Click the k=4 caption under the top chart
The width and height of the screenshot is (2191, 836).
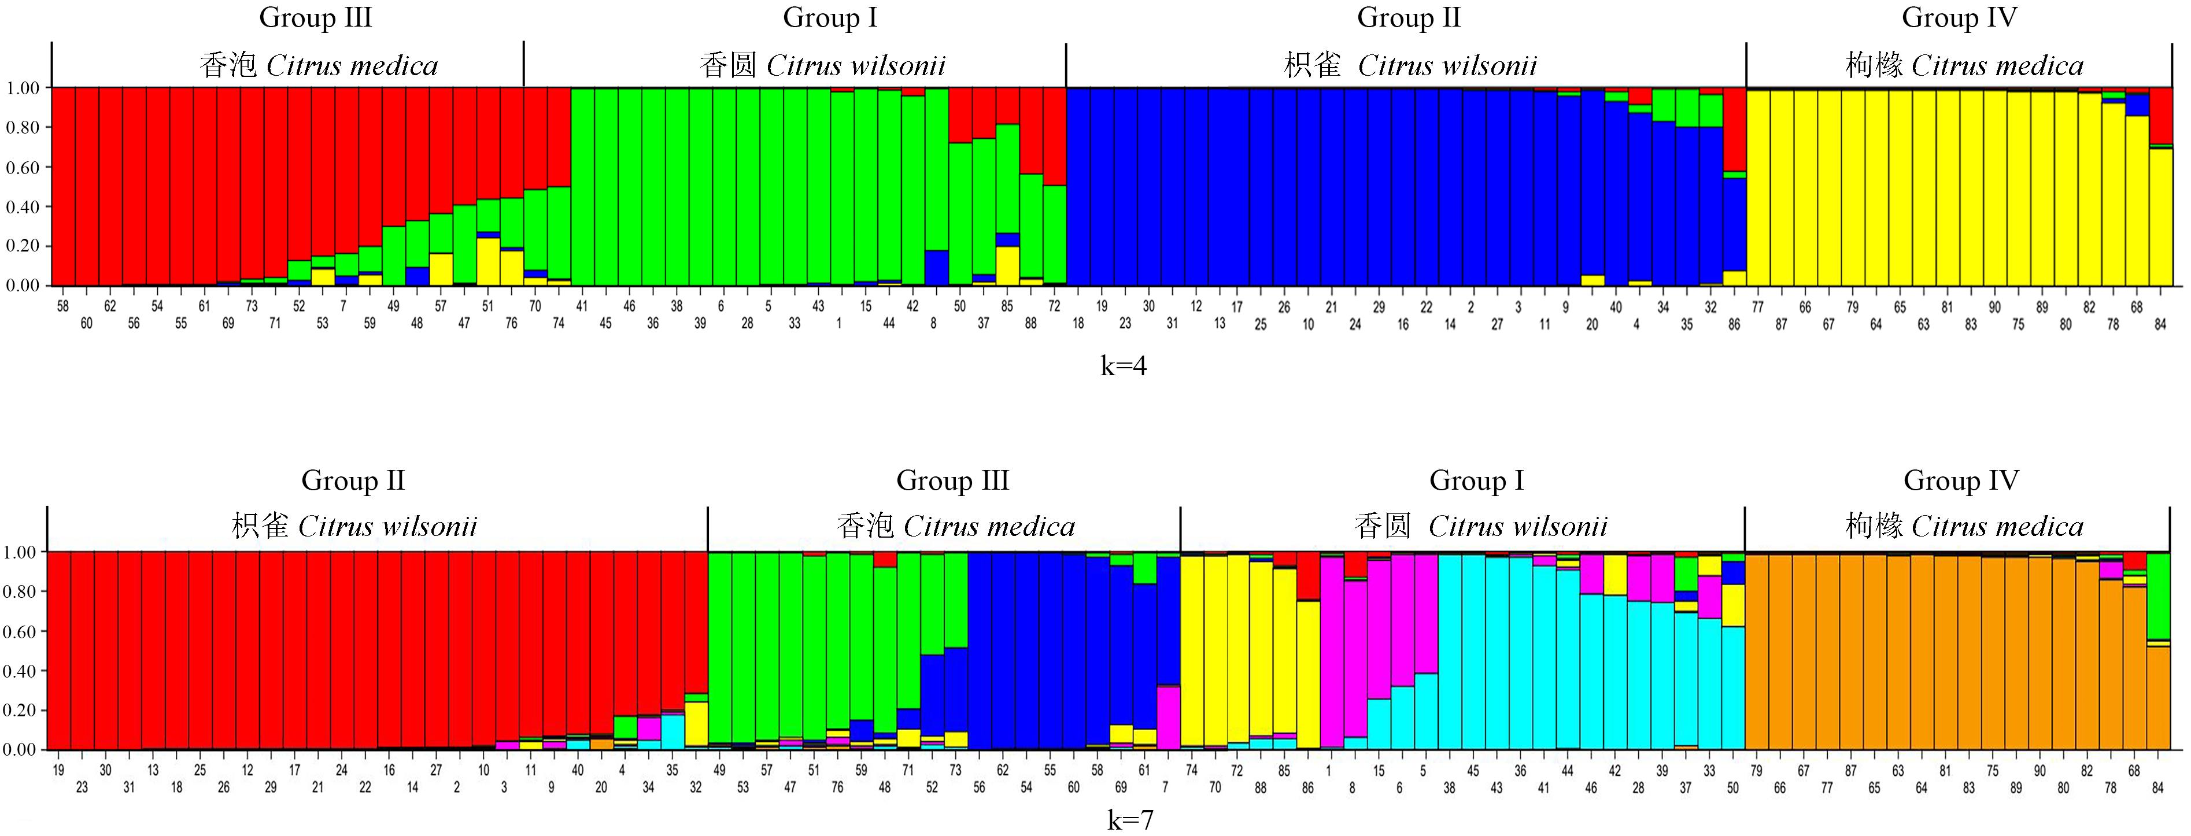[1124, 367]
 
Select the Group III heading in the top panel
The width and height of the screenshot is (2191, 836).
[316, 18]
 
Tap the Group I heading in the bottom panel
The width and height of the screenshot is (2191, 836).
[1476, 480]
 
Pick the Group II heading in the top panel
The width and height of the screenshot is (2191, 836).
[1409, 18]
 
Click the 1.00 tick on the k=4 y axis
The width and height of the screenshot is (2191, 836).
[23, 88]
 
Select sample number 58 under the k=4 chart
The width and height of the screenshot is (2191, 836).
[63, 307]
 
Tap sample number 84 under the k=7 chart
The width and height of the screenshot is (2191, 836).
[2158, 787]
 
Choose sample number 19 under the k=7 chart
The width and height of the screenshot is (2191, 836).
[58, 771]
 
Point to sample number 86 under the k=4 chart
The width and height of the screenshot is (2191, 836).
[1734, 324]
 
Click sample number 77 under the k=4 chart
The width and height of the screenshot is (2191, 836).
[1757, 307]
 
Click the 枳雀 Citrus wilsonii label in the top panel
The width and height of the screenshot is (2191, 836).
[1410, 65]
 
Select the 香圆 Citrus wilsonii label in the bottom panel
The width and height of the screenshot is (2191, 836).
[1480, 527]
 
